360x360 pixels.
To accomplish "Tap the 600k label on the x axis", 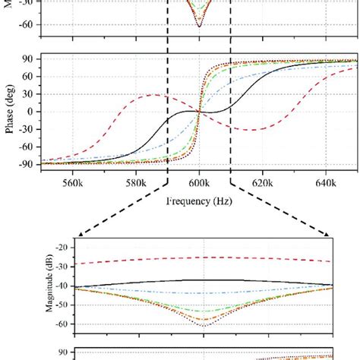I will (198, 182).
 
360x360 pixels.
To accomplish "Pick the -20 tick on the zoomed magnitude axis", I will (70, 248).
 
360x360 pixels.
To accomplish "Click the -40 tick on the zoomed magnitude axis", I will (70, 286).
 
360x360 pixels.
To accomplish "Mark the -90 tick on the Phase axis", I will (29, 164).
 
